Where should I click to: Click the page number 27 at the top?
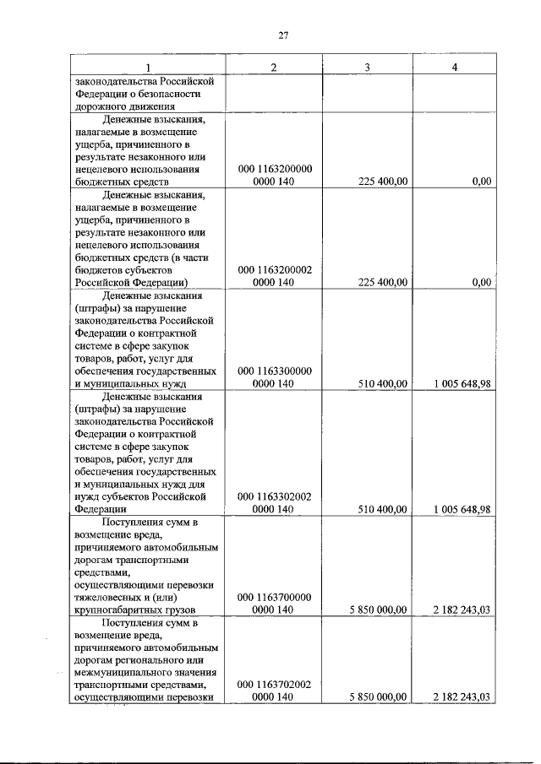pyautogui.click(x=283, y=35)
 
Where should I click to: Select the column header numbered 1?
pyautogui.click(x=148, y=68)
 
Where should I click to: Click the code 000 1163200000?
pyautogui.click(x=275, y=169)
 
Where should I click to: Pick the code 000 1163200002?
pyautogui.click(x=275, y=269)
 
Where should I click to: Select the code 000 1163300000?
pyautogui.click(x=275, y=371)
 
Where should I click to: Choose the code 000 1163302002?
pyautogui.click(x=275, y=496)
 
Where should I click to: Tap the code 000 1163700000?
pyautogui.click(x=275, y=597)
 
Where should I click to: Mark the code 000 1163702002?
pyautogui.click(x=275, y=685)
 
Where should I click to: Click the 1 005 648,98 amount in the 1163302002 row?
pyautogui.click(x=461, y=509)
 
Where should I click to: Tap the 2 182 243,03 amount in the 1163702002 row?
pyautogui.click(x=461, y=697)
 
